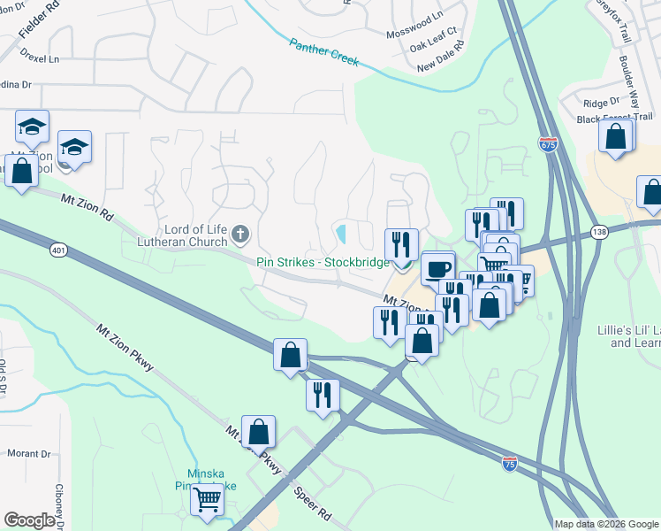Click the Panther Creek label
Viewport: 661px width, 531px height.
[x=323, y=51]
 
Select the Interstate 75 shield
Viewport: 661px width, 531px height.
[x=509, y=462]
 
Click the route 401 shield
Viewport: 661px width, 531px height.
[x=58, y=250]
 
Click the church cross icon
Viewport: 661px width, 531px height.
[x=240, y=235]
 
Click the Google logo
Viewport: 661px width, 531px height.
[x=29, y=520]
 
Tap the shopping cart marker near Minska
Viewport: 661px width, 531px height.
[x=207, y=499]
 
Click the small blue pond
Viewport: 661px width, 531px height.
[x=341, y=235]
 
